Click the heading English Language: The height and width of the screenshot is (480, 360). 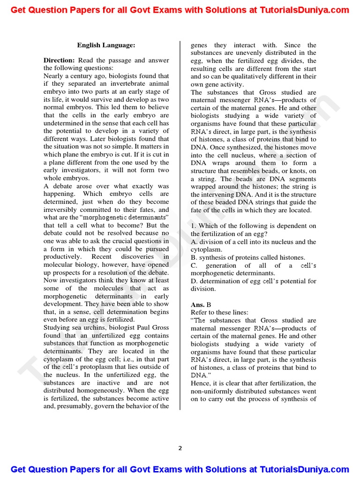tap(106, 45)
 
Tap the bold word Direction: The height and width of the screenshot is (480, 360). tap(59, 60)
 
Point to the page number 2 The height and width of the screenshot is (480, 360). tap(180, 448)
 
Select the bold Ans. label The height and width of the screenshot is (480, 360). tap(197, 304)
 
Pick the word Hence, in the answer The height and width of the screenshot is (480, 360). tap(201, 383)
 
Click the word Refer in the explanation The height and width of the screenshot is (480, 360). tap(199, 312)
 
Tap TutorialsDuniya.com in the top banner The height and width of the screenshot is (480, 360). tap(305, 10)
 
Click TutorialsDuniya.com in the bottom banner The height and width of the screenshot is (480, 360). tap(305, 469)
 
